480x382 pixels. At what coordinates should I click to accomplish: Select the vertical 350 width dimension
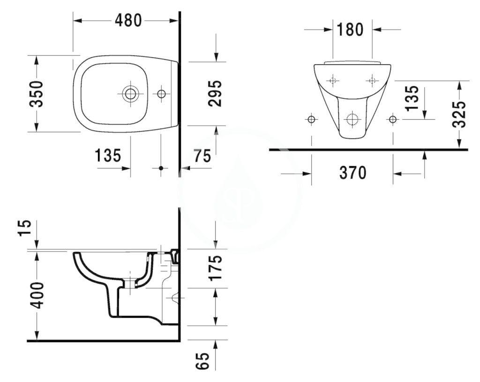[x=37, y=93]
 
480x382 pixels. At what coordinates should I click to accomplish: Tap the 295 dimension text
[x=214, y=93]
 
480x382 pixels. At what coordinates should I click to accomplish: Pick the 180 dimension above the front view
[x=350, y=30]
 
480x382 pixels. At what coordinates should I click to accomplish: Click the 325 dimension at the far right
[x=462, y=115]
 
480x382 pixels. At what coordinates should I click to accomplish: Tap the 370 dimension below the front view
[x=352, y=173]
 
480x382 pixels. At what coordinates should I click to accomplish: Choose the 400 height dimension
[x=37, y=295]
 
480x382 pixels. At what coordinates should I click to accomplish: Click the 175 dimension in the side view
[x=214, y=268]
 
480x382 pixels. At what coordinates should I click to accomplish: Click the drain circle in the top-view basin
[x=130, y=93]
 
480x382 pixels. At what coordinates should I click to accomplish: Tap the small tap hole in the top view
[x=161, y=94]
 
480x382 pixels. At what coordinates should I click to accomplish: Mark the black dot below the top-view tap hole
[x=161, y=168]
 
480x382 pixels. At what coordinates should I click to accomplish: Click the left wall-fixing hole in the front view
[x=311, y=119]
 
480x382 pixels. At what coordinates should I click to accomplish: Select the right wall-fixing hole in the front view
[x=392, y=119]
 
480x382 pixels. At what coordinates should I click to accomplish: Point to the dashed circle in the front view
[x=352, y=119]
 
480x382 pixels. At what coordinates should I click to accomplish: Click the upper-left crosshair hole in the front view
[x=333, y=81]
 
